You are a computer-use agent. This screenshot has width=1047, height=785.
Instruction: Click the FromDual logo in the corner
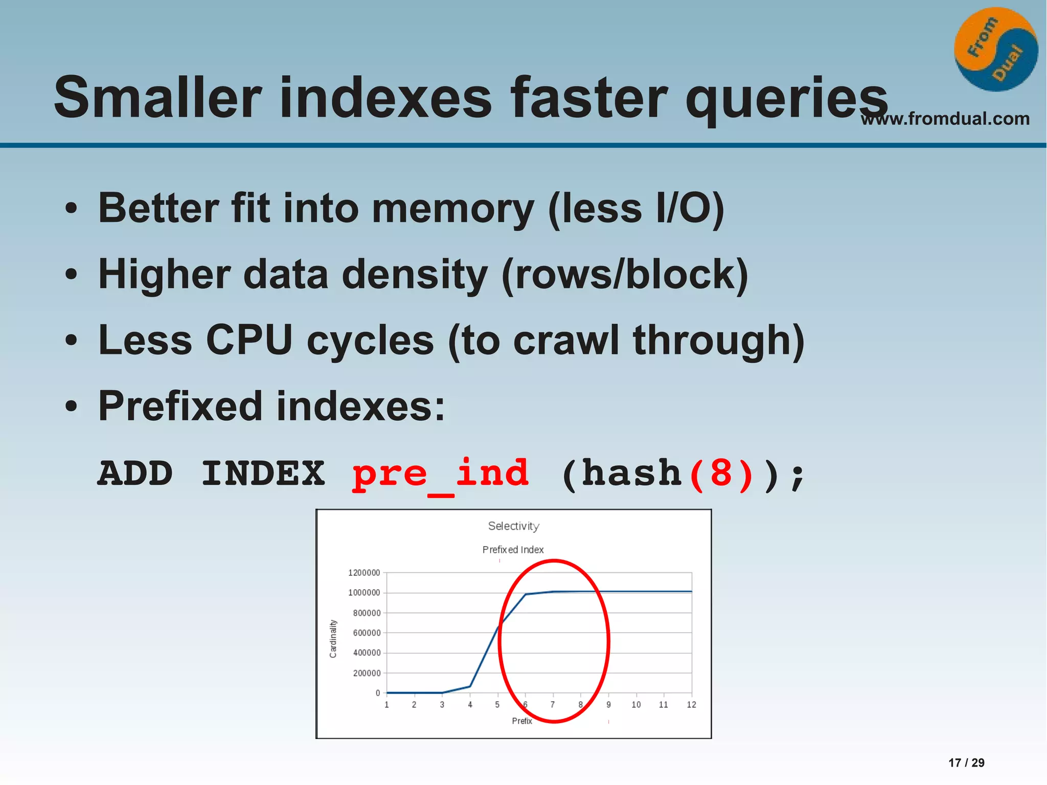point(996,50)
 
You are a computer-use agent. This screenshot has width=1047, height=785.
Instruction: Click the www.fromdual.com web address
point(945,119)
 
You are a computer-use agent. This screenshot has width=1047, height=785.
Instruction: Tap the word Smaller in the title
point(157,97)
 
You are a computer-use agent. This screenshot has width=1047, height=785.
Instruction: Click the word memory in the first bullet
point(453,208)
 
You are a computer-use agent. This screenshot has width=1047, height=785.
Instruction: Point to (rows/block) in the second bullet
point(625,275)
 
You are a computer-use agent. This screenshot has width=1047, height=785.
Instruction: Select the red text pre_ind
point(440,474)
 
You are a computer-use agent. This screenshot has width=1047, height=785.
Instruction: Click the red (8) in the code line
point(721,474)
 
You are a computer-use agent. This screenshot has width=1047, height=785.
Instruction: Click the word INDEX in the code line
point(263,474)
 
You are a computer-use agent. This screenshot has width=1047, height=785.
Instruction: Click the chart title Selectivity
point(513,526)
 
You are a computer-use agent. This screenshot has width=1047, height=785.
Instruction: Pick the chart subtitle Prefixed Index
point(513,550)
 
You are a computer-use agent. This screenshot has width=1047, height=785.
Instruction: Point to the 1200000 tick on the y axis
point(364,573)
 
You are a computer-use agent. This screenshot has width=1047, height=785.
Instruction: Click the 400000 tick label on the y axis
point(367,653)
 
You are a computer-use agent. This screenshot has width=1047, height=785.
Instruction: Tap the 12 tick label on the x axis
point(691,705)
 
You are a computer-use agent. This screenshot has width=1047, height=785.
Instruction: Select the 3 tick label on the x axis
point(442,705)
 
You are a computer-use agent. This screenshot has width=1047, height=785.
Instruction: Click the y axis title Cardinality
point(333,638)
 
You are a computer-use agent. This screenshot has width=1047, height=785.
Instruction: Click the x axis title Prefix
point(522,721)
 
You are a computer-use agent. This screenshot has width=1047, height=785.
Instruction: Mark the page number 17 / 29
point(966,762)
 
